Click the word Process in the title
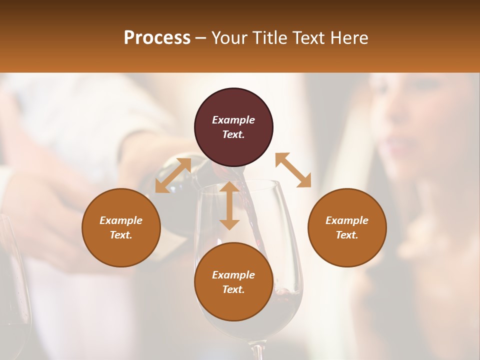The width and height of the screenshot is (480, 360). pos(157,38)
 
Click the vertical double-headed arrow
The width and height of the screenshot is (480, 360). pos(229,205)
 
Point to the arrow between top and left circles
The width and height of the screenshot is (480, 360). pos(173,175)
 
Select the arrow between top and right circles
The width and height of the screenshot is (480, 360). pos(293,170)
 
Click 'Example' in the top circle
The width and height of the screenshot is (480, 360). pos(233,120)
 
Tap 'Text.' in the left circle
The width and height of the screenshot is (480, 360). pos(121,235)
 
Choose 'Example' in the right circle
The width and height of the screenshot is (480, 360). pos(347,220)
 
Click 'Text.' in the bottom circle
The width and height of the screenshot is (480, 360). pos(233,289)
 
